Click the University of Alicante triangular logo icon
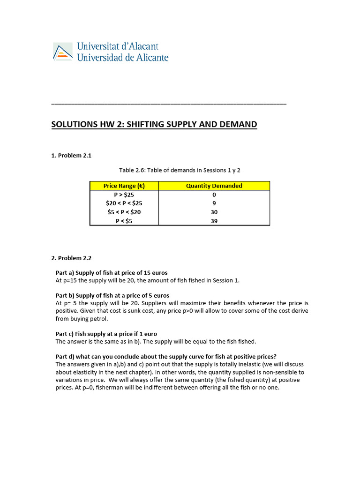coord(62,52)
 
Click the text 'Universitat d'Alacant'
coord(117,46)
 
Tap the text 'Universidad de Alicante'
coord(122,58)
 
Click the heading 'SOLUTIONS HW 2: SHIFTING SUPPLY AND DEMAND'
coord(154,124)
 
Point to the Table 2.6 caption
coord(180,170)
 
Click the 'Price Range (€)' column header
coord(124,186)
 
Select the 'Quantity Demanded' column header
coord(214,186)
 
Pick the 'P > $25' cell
coord(124,195)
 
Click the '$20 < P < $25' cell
coord(124,203)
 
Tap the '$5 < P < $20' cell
coord(124,212)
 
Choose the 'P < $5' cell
coord(124,221)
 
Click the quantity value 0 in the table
coord(214,195)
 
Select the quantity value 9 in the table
coord(214,203)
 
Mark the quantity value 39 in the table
coord(214,221)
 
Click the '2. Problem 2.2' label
coord(71,258)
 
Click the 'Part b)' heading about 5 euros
coord(112,295)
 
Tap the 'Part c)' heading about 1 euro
coord(106,334)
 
